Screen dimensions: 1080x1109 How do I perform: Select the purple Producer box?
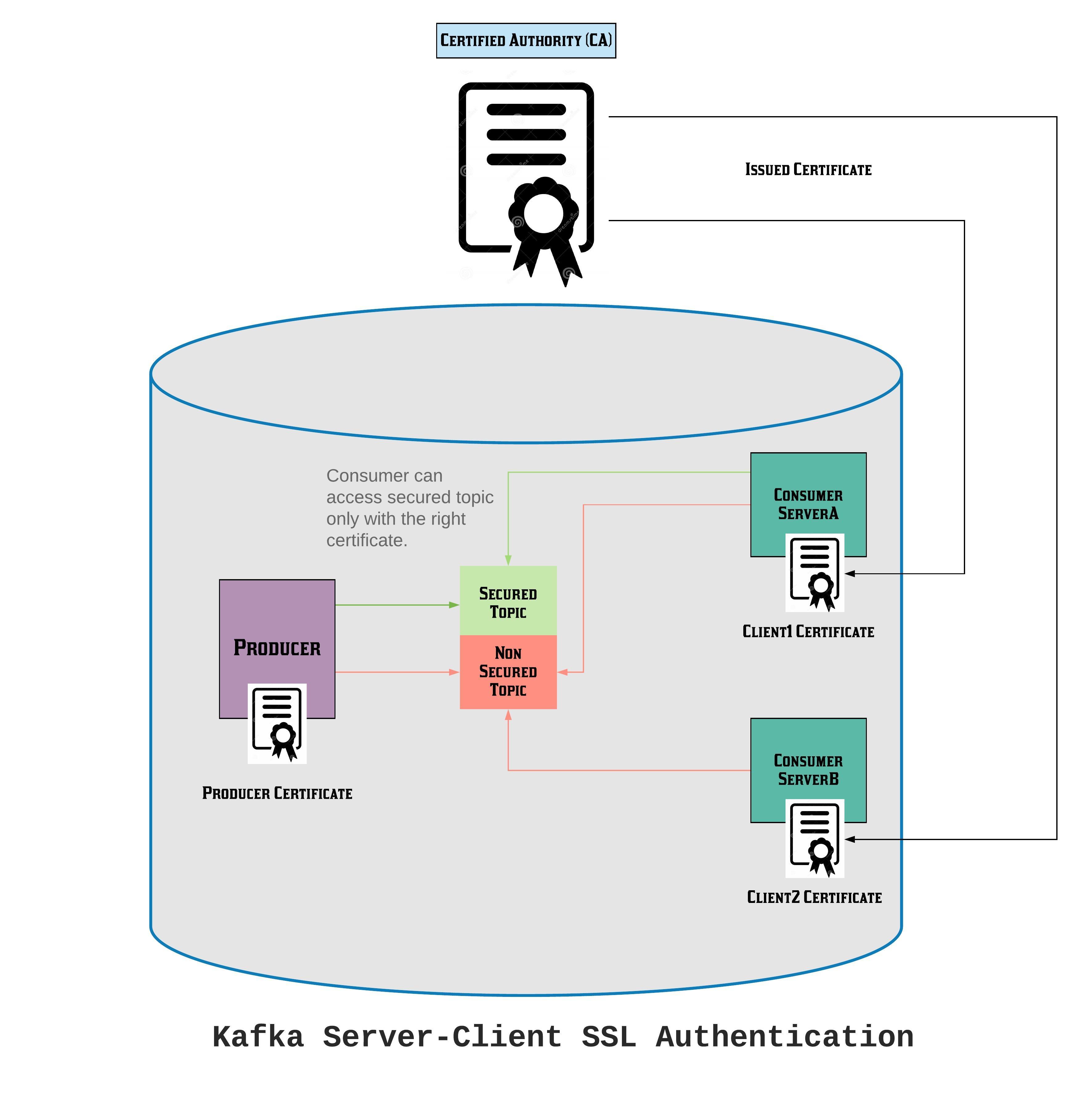pyautogui.click(x=277, y=630)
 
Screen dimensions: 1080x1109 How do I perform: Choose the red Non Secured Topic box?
pyautogui.click(x=508, y=672)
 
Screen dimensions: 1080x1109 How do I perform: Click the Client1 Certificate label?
pyautogui.click(x=808, y=632)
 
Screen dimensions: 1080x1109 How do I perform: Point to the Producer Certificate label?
pyautogui.click(x=277, y=793)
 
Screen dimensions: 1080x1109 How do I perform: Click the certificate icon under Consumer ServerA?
pyautogui.click(x=814, y=573)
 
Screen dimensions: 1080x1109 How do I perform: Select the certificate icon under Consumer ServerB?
pyautogui.click(x=814, y=839)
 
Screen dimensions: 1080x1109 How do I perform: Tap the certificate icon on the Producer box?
pyautogui.click(x=277, y=723)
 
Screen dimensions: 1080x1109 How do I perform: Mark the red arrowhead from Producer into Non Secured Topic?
pyautogui.click(x=454, y=672)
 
